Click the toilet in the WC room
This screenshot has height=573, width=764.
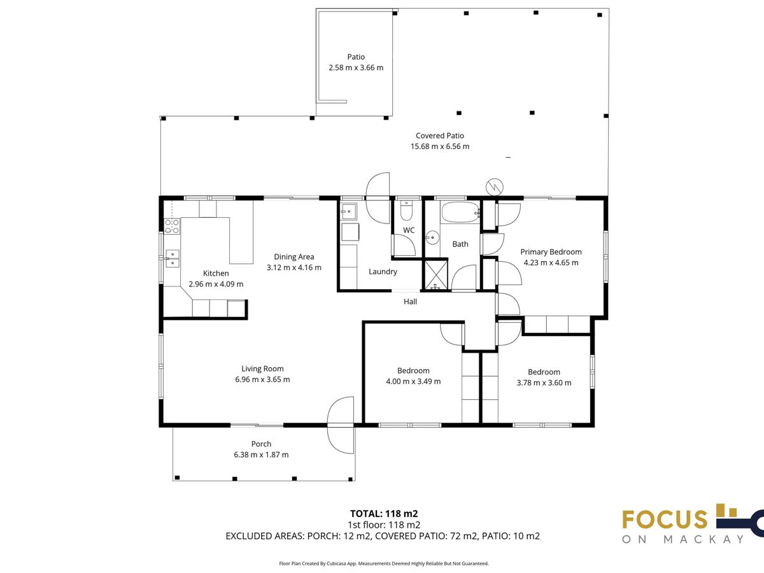click(406, 211)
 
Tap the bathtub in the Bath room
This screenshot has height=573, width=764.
click(460, 212)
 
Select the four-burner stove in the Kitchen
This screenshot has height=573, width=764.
click(172, 226)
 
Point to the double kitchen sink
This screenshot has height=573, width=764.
click(173, 258)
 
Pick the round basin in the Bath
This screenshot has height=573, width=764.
click(432, 238)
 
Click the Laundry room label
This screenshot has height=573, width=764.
click(383, 271)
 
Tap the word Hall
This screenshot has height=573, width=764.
click(411, 302)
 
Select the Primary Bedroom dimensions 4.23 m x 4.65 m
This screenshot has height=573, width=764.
click(551, 263)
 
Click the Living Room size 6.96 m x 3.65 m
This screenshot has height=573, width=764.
click(262, 379)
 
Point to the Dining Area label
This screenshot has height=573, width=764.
click(294, 257)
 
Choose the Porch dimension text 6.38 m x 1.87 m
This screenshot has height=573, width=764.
click(261, 455)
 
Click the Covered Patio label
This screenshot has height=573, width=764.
click(440, 136)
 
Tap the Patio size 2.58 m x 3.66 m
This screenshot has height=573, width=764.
click(356, 67)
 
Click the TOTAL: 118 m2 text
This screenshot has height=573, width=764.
click(384, 514)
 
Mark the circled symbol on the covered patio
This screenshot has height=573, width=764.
click(495, 187)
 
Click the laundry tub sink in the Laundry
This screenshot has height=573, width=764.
click(349, 211)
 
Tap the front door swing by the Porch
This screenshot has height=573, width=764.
click(341, 425)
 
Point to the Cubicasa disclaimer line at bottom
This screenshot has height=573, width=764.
click(384, 563)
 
